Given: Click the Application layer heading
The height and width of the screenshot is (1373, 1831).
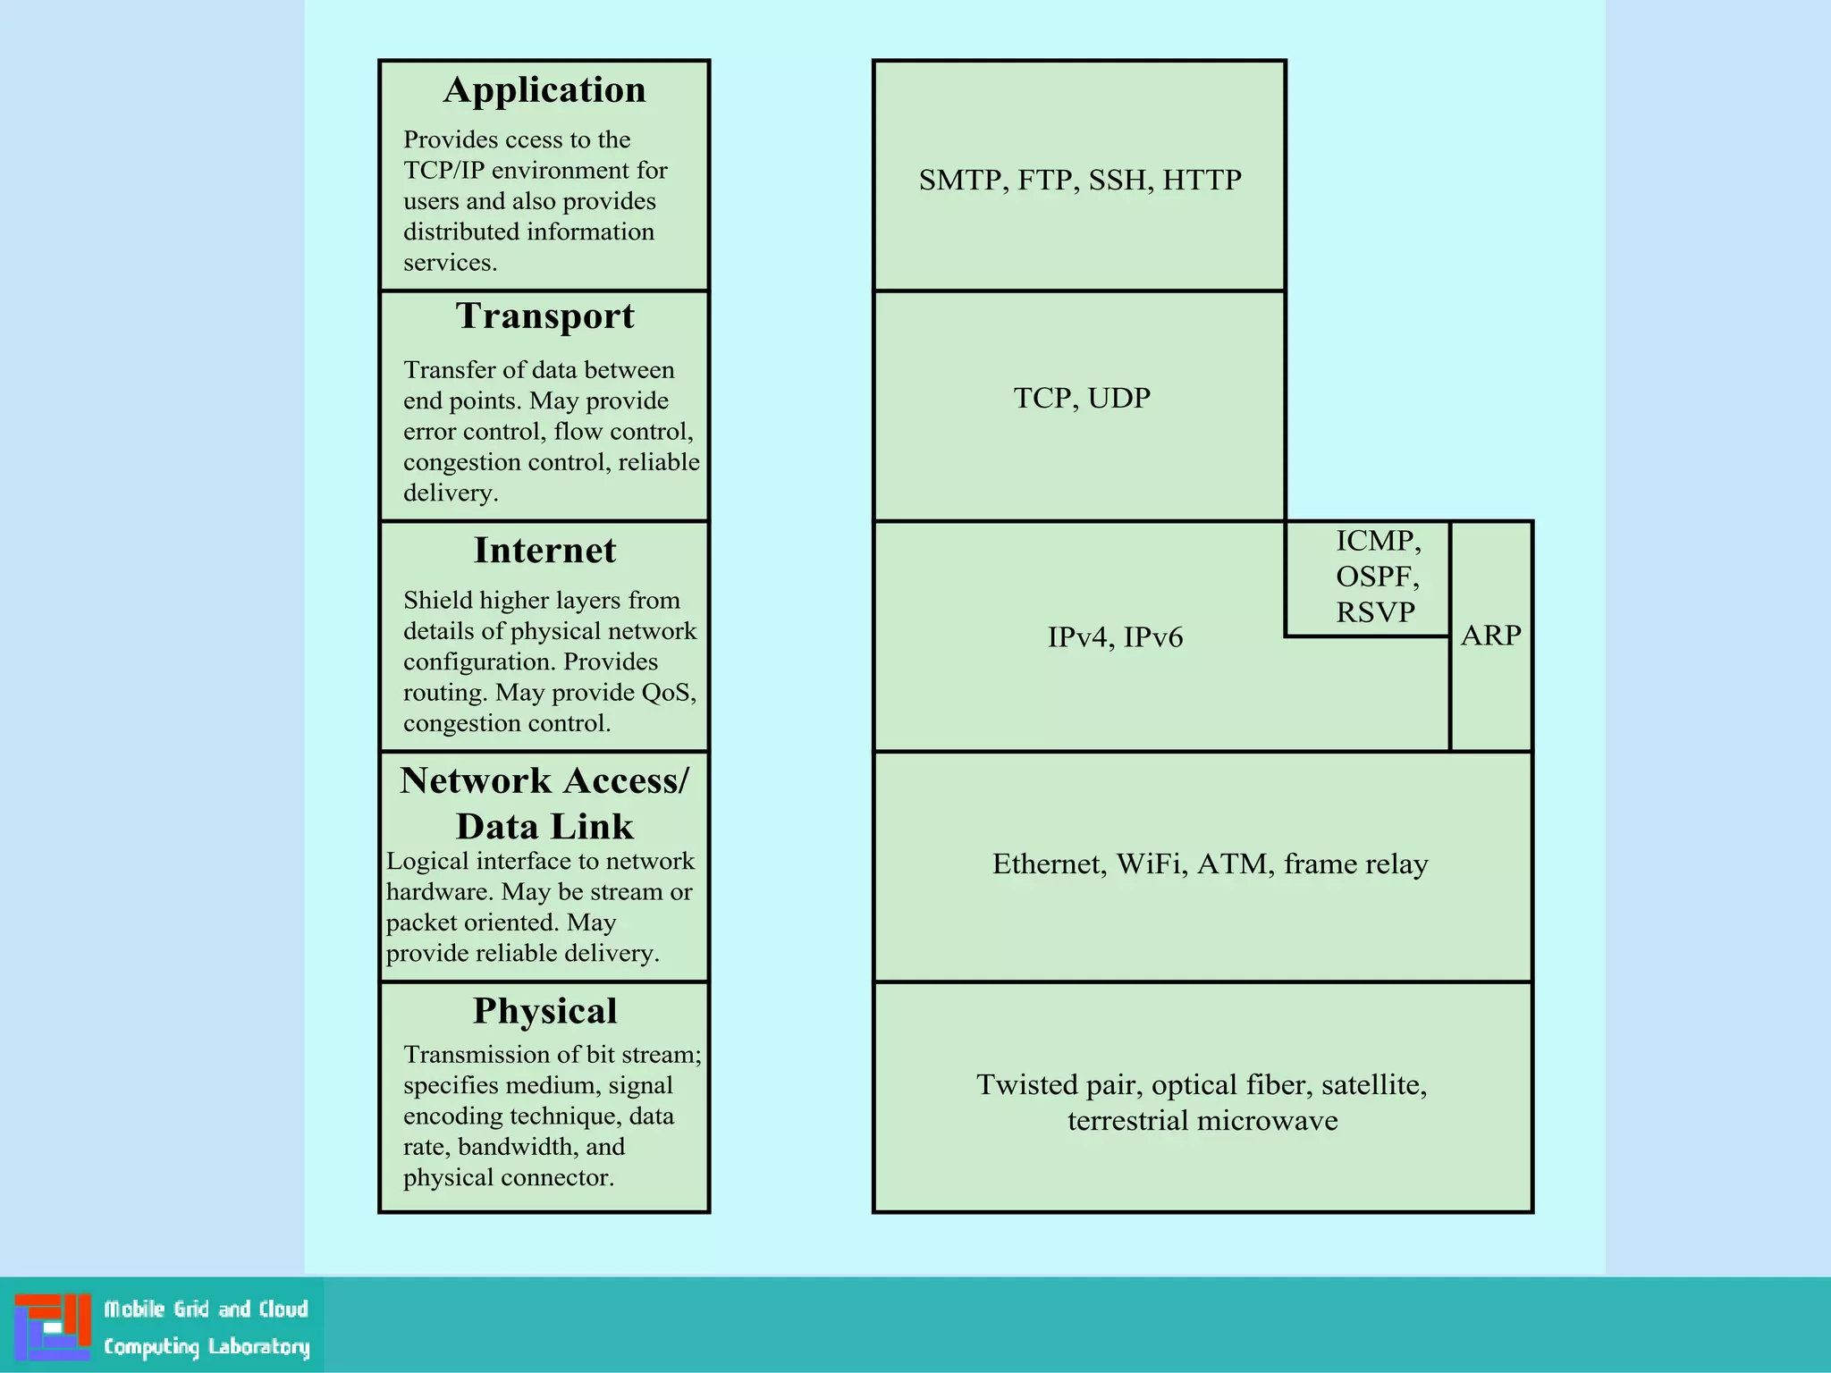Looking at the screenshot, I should pyautogui.click(x=544, y=90).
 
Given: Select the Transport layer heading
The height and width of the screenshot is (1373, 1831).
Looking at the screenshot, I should pyautogui.click(x=544, y=316).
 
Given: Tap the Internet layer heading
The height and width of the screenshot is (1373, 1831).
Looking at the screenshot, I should pyautogui.click(x=544, y=551).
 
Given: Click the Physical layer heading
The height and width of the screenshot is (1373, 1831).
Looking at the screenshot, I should pyautogui.click(x=544, y=1011).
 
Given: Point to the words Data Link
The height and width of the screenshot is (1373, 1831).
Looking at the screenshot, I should pyautogui.click(x=544, y=827).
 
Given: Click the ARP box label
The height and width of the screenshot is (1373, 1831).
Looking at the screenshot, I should pyautogui.click(x=1490, y=636).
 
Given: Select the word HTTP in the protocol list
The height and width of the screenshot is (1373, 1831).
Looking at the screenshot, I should pyautogui.click(x=1202, y=181).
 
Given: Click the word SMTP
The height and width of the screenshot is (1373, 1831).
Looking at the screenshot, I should pyautogui.click(x=959, y=181).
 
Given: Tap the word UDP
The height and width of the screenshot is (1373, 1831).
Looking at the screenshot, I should pyautogui.click(x=1118, y=399).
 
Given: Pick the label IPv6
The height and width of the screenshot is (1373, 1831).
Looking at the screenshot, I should pyautogui.click(x=1152, y=638).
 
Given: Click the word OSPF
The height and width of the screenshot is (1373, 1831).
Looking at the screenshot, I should pyautogui.click(x=1376, y=577).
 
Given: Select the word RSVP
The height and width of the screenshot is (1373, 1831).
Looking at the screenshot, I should pyautogui.click(x=1375, y=613).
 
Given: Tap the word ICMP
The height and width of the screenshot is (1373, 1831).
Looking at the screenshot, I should pyautogui.click(x=1377, y=541).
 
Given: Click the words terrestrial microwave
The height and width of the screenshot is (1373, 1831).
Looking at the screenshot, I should pyautogui.click(x=1202, y=1121).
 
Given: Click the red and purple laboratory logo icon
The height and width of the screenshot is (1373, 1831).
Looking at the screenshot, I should pyautogui.click(x=53, y=1327).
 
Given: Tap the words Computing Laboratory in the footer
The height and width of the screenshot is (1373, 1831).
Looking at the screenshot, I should pyautogui.click(x=207, y=1347).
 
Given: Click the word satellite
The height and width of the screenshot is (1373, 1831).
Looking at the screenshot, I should pyautogui.click(x=1372, y=1085).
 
